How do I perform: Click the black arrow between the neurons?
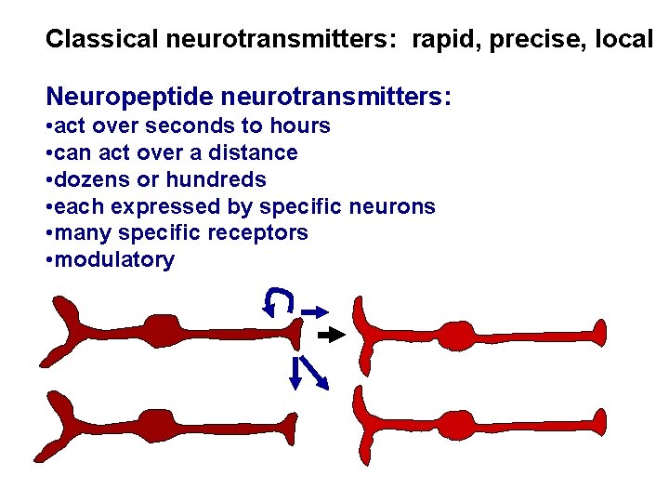coord(331,333)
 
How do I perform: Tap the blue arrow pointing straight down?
coord(295,372)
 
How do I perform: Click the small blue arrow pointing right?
coord(315,310)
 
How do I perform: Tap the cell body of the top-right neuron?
coord(461,336)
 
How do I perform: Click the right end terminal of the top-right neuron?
coord(600,333)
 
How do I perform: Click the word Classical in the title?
coord(102,39)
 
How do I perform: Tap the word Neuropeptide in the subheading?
coord(121,96)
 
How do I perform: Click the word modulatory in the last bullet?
coord(114,259)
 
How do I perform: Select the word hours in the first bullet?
coord(299,125)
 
